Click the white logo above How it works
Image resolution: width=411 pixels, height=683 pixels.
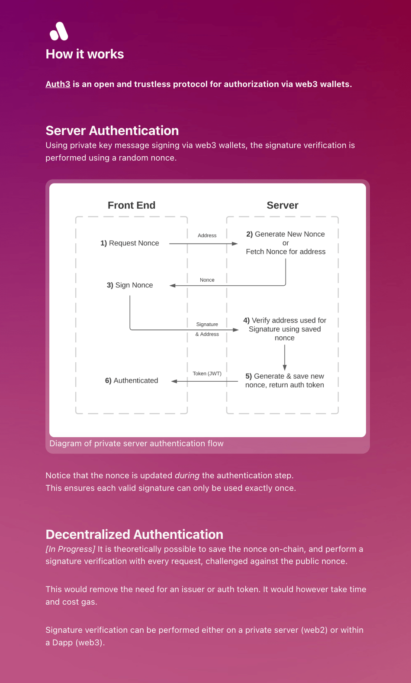click(x=59, y=31)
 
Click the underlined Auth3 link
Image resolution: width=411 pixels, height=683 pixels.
click(x=58, y=84)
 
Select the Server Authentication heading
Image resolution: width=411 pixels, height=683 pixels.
click(x=112, y=131)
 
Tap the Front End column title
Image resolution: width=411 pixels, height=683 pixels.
click(x=132, y=205)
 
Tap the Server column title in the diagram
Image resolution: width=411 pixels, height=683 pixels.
click(x=283, y=205)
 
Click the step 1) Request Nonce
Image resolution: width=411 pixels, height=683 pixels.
click(x=130, y=243)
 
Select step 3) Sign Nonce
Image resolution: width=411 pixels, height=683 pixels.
click(x=130, y=285)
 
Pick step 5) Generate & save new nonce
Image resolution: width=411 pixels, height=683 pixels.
click(x=285, y=380)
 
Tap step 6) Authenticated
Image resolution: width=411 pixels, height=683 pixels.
click(x=132, y=380)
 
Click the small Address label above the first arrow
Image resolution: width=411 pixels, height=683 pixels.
click(x=207, y=235)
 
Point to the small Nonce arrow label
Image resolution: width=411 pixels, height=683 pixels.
click(x=207, y=280)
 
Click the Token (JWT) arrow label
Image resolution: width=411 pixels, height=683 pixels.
click(x=207, y=374)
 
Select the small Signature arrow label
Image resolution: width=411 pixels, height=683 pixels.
click(x=207, y=324)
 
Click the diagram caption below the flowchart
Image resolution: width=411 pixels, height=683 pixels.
click(x=136, y=444)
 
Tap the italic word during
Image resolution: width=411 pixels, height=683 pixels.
click(x=187, y=476)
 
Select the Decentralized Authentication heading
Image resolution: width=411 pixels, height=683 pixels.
click(x=135, y=535)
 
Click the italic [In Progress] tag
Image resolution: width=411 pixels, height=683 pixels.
click(x=70, y=549)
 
